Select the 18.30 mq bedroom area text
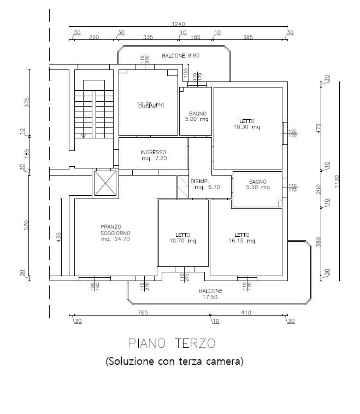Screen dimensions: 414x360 247,127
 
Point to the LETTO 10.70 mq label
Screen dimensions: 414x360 183,237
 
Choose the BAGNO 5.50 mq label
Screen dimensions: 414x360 257,184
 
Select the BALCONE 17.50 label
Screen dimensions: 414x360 210,294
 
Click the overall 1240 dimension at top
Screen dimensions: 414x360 178,24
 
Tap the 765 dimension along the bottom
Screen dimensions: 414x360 143,312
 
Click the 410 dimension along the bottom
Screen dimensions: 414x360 247,312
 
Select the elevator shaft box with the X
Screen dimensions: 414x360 105,183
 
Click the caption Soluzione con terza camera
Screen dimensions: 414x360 174,361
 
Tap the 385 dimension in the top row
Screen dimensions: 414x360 249,37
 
